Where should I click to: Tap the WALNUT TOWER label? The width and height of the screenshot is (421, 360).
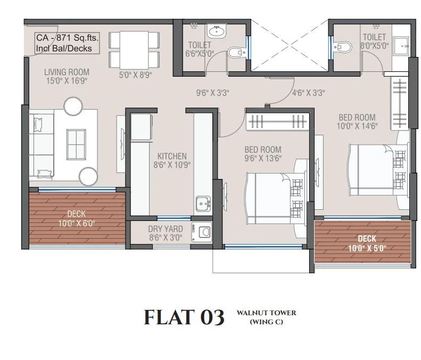266,313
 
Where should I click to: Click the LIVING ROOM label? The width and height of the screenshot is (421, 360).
67,72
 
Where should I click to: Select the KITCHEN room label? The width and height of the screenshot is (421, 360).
171,156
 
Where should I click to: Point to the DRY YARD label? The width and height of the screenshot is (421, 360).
166,229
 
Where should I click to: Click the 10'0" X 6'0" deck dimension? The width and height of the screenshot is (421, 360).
77,224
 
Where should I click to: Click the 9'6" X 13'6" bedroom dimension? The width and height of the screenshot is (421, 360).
263,158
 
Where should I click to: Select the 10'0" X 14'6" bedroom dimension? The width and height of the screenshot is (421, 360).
357,126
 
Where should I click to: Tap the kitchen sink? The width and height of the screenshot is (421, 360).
203,203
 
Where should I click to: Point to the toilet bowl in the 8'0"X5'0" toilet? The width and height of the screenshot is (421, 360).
344,48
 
